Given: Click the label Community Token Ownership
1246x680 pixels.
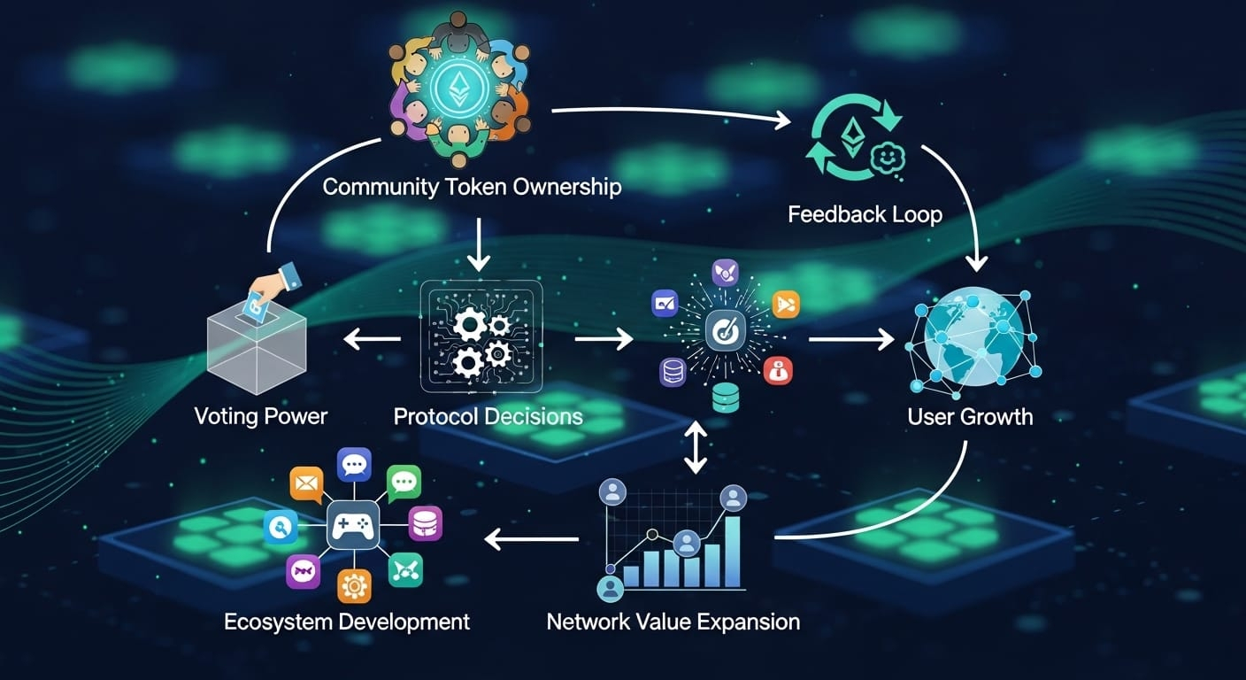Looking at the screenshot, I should (x=471, y=188).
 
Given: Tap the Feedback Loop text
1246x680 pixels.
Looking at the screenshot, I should (x=865, y=214).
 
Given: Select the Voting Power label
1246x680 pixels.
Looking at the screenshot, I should (x=260, y=416).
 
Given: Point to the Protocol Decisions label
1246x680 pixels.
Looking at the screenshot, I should (x=488, y=416).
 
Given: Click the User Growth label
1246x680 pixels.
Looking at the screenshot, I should (x=970, y=416).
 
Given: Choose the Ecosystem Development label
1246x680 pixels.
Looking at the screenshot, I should (x=347, y=622).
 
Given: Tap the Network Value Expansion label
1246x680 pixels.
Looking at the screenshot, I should (x=673, y=622).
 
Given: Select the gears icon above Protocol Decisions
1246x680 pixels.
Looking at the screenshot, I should (x=481, y=338).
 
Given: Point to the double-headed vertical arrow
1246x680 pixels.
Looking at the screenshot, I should (x=696, y=448).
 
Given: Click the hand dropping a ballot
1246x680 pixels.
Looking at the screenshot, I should (x=268, y=288).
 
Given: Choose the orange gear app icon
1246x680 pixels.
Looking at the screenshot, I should (x=353, y=586).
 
